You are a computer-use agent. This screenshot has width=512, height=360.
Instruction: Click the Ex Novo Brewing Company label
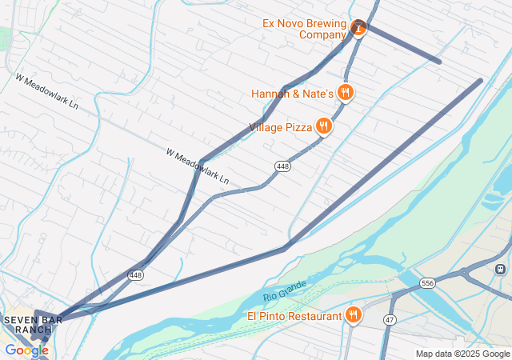click(305, 29)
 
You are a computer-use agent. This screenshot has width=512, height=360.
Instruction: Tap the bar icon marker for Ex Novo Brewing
click(358, 29)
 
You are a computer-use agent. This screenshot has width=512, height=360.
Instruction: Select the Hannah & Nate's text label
click(292, 94)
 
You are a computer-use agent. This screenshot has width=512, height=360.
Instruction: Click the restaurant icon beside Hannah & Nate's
click(346, 93)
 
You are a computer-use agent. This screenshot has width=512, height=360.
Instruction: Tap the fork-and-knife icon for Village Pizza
click(323, 126)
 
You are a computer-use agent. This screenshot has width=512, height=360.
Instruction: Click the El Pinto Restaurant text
click(294, 316)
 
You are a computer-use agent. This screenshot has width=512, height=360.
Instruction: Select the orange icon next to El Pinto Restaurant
click(353, 315)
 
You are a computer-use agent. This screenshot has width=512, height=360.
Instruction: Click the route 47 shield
click(390, 319)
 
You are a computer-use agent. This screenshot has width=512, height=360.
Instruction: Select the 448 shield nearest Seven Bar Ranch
click(135, 275)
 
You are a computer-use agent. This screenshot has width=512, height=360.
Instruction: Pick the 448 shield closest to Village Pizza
click(283, 166)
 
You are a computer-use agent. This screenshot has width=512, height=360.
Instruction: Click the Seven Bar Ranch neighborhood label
click(27, 325)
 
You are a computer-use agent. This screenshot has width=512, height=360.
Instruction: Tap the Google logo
click(26, 350)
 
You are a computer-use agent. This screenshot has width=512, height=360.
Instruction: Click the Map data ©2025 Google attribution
click(462, 354)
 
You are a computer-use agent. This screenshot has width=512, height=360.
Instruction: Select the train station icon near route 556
click(502, 269)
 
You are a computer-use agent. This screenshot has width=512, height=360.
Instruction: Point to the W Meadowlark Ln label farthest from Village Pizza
click(46, 92)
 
